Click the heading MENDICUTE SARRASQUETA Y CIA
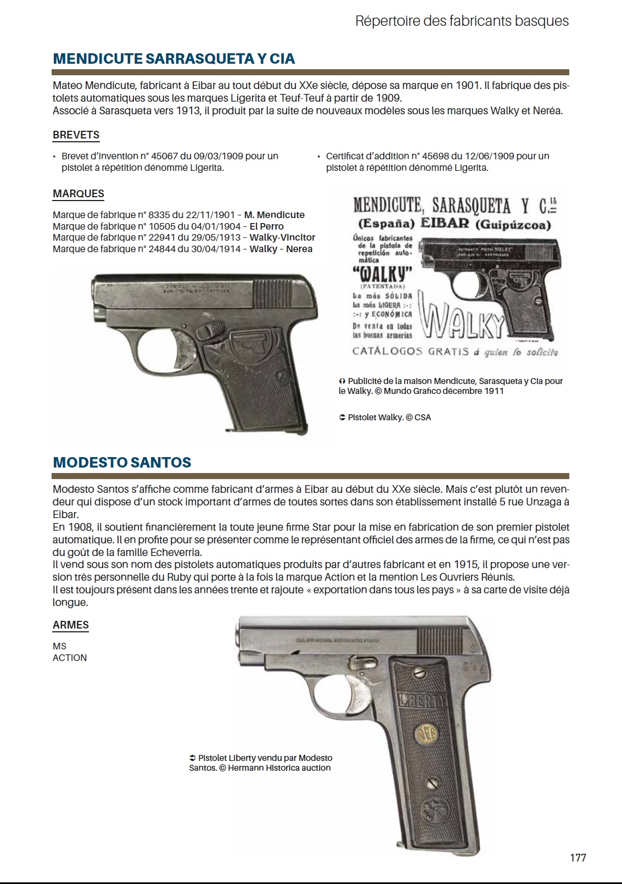point(173,59)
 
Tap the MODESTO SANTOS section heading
point(122,463)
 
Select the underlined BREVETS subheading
point(76,135)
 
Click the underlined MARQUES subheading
point(78,194)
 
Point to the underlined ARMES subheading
point(70,625)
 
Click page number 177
point(578,858)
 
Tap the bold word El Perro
point(266,226)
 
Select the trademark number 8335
point(159,215)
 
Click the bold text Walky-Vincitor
point(282,237)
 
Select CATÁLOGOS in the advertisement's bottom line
point(387,352)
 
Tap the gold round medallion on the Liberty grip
point(423,734)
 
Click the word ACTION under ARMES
point(70,658)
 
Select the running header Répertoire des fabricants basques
point(462,21)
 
